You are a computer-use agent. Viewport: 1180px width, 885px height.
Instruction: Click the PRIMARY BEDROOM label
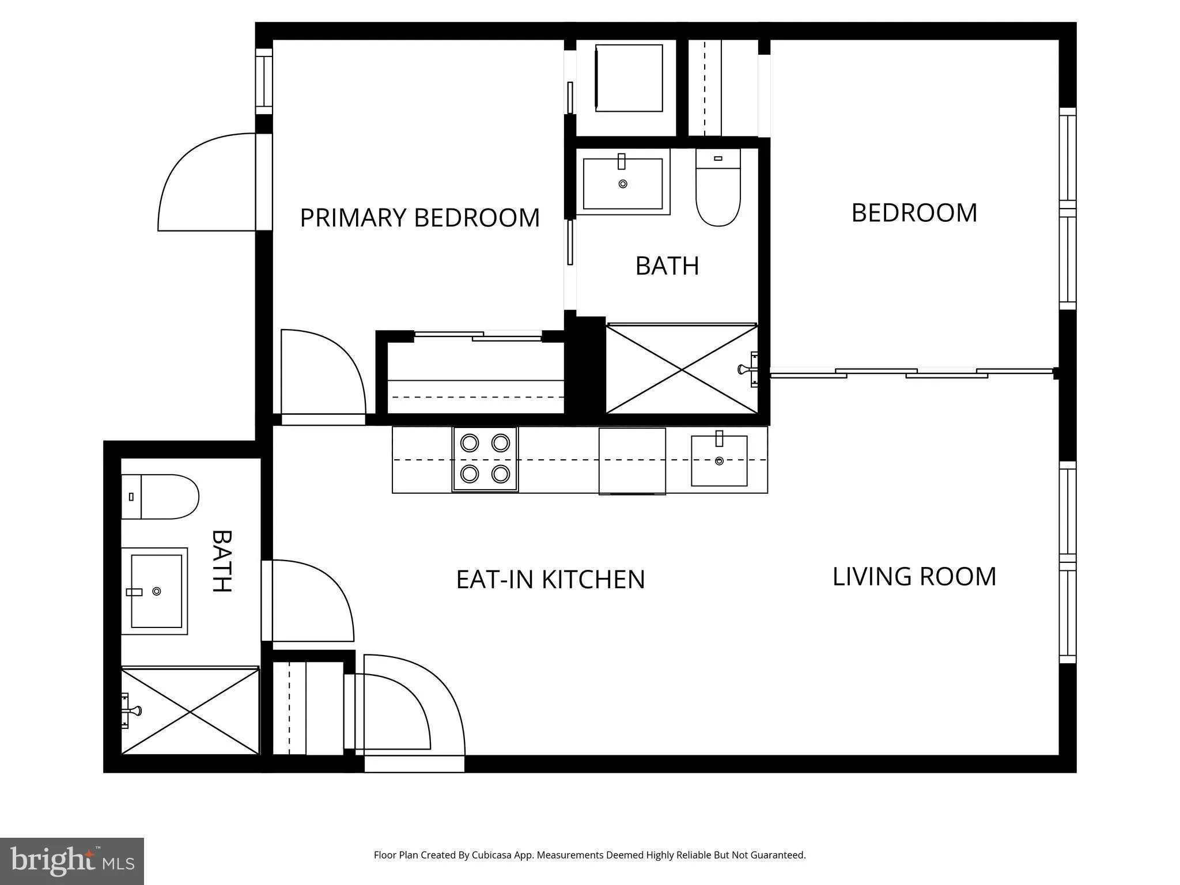tap(419, 218)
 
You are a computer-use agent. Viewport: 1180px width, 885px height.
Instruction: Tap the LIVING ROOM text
tap(914, 577)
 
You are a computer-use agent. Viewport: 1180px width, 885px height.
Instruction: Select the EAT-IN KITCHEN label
tap(550, 580)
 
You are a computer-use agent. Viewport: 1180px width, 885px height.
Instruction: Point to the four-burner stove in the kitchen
tap(485, 459)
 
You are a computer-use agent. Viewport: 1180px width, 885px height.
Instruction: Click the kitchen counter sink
tap(719, 460)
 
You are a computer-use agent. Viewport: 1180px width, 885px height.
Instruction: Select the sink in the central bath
tap(623, 183)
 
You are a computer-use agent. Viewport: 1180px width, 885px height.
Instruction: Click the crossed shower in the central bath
tap(682, 369)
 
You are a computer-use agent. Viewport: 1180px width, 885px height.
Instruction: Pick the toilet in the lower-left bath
tap(160, 497)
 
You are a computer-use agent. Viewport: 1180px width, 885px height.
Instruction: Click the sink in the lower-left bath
tap(154, 591)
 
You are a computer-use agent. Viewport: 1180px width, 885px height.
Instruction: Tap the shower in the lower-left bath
tap(190, 712)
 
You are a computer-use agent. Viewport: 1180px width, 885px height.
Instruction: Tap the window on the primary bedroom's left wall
tap(264, 81)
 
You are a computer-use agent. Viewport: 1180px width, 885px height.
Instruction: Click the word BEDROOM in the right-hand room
tap(914, 213)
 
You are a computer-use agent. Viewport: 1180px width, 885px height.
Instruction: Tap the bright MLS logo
tap(72, 861)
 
